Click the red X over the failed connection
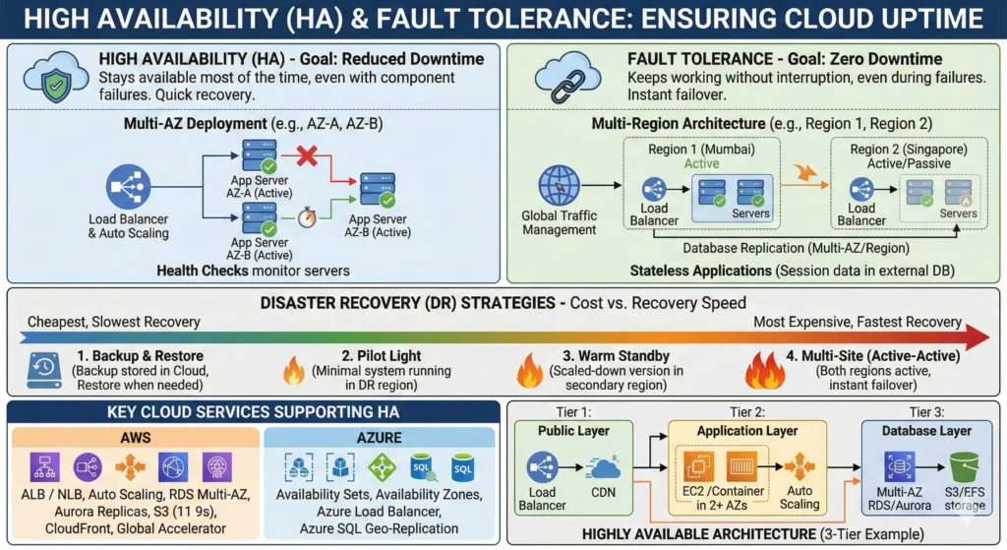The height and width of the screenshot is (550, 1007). click(x=307, y=154)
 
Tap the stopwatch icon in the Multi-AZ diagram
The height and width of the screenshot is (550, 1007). click(x=307, y=217)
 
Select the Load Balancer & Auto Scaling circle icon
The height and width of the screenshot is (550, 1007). click(x=129, y=187)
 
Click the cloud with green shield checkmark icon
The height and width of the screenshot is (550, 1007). click(x=56, y=77)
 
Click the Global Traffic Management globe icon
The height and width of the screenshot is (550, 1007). click(x=559, y=185)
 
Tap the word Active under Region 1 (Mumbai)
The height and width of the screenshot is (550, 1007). click(x=701, y=164)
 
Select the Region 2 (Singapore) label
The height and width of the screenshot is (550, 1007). click(x=908, y=150)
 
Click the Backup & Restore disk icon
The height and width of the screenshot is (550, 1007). click(x=44, y=370)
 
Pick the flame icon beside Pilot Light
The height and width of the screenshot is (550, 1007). click(x=294, y=371)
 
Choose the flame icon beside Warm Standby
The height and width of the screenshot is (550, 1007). click(x=530, y=371)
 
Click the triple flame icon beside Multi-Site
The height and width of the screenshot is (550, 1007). click(x=765, y=371)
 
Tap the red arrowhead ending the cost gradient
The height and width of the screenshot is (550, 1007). click(x=977, y=337)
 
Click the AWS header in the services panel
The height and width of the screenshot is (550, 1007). click(x=136, y=438)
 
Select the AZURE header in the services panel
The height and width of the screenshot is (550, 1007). click(x=379, y=438)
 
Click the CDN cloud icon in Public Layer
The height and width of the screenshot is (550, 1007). click(x=603, y=467)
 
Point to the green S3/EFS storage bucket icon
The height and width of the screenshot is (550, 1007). click(x=964, y=467)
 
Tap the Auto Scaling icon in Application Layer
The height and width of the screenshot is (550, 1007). click(x=799, y=467)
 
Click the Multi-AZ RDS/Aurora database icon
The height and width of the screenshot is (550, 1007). click(x=899, y=466)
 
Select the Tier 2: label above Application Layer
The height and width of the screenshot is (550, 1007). click(x=747, y=412)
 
